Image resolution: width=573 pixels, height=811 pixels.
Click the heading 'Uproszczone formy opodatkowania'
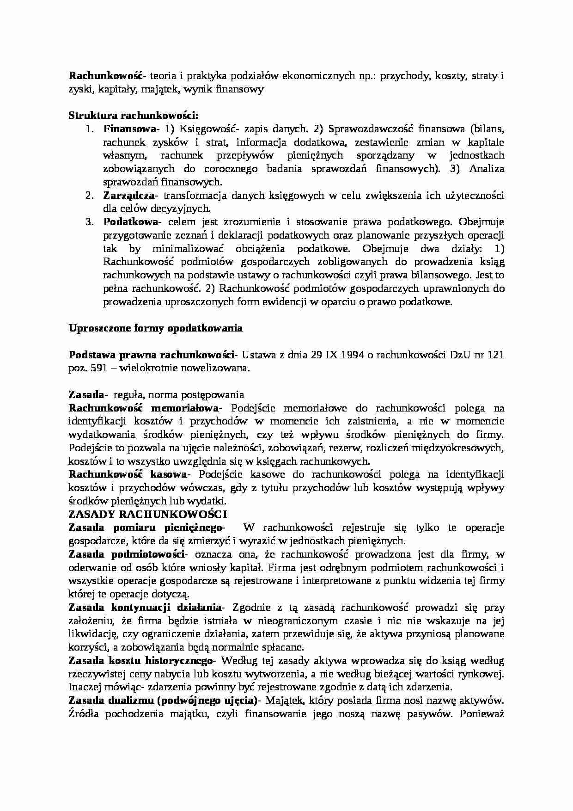156,328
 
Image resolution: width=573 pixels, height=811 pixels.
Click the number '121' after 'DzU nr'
495,355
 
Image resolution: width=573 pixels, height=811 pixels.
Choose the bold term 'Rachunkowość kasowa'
127,475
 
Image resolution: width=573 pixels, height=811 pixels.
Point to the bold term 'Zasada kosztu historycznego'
140,661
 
